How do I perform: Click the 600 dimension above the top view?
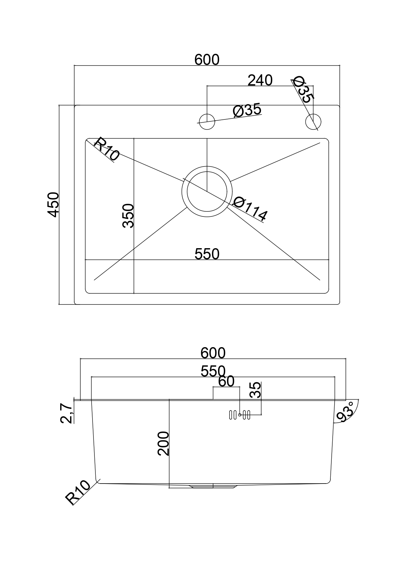pos(207,60)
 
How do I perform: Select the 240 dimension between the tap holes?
pos(260,80)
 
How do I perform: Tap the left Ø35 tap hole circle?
pos(207,122)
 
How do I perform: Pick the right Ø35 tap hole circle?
pos(313,122)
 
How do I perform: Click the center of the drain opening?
pos(207,191)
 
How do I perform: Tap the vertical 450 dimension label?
pos(53,205)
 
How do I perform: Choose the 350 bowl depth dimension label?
pos(128,216)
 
